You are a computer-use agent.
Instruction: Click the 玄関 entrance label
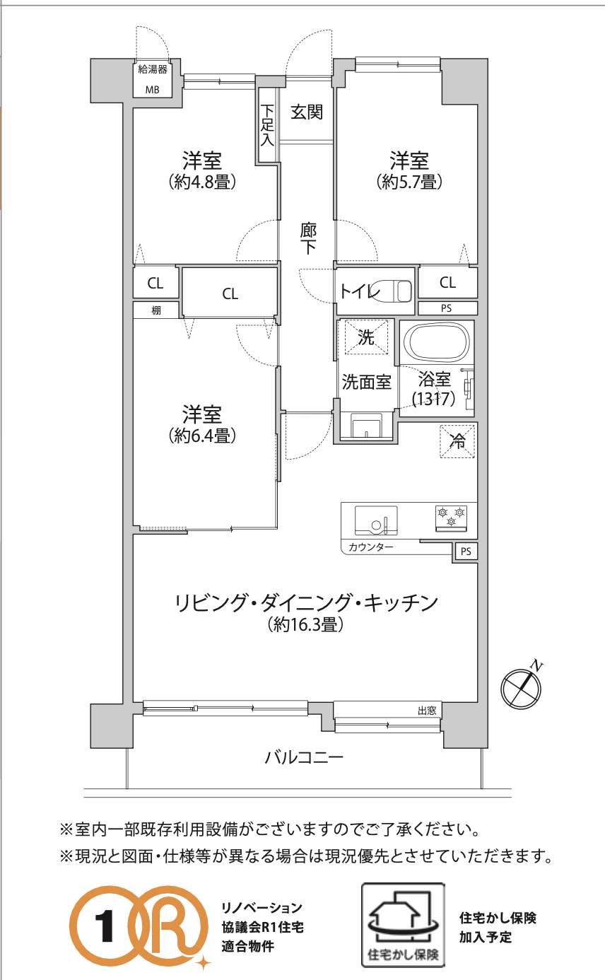click(x=307, y=112)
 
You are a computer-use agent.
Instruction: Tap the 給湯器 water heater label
click(x=152, y=69)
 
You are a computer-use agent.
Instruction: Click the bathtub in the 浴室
click(x=437, y=342)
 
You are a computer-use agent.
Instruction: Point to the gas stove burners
click(x=451, y=518)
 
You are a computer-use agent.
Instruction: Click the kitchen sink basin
click(x=376, y=520)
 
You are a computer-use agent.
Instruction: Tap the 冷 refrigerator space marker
click(x=457, y=441)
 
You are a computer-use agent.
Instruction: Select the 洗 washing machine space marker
click(x=366, y=337)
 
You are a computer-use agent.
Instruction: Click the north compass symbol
click(x=522, y=687)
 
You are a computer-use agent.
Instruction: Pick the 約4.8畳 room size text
click(x=203, y=181)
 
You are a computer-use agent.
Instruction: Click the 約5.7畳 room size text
click(x=409, y=181)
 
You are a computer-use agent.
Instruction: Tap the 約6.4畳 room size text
click(x=203, y=435)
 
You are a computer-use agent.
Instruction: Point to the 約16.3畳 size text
click(x=306, y=624)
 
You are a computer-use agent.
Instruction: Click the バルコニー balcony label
click(x=304, y=757)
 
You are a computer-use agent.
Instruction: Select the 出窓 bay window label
click(x=427, y=710)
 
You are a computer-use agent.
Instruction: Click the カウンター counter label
click(x=371, y=547)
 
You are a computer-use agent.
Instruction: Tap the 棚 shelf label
click(x=156, y=310)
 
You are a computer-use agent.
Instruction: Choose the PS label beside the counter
click(x=466, y=552)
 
